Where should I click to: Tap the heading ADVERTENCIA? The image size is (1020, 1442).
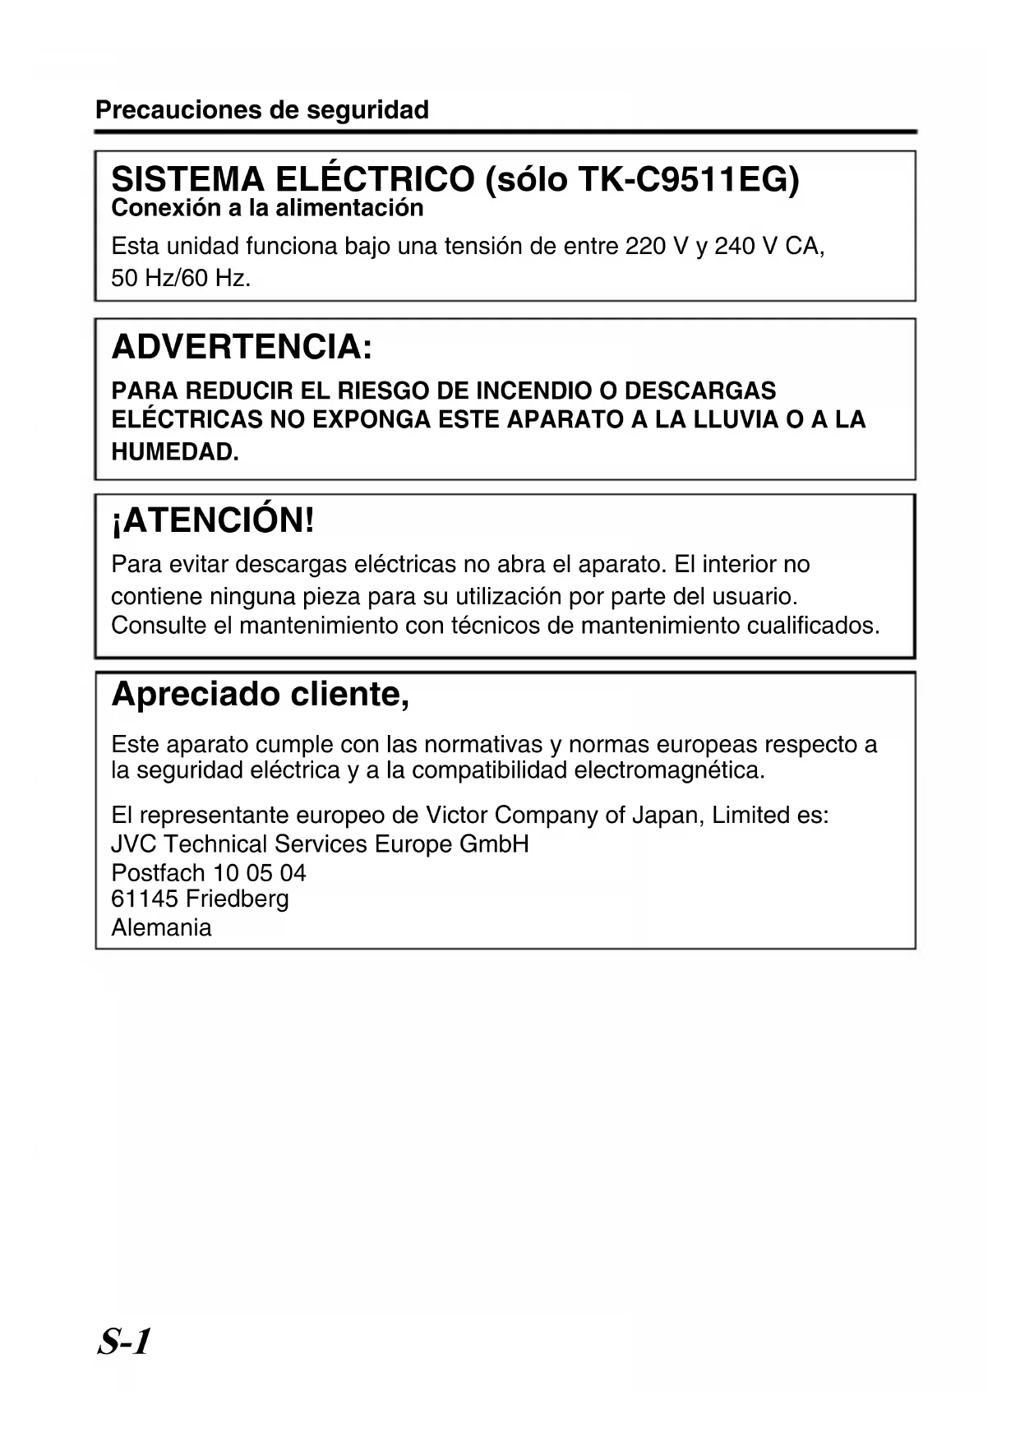point(242,347)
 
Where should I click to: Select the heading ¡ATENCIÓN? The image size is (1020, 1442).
point(213,520)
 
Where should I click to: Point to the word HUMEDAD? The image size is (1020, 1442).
point(175,452)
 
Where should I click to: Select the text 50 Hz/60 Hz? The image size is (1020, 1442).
point(181,279)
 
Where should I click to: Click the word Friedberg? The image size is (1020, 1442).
point(237,899)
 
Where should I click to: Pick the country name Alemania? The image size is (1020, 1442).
point(161,928)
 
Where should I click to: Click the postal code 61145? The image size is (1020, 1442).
point(145,899)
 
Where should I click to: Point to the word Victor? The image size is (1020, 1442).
point(456,816)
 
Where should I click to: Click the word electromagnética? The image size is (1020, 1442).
point(669,771)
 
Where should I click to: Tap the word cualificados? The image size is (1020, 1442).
point(813,626)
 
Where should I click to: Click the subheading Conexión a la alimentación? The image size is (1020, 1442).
point(267,208)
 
